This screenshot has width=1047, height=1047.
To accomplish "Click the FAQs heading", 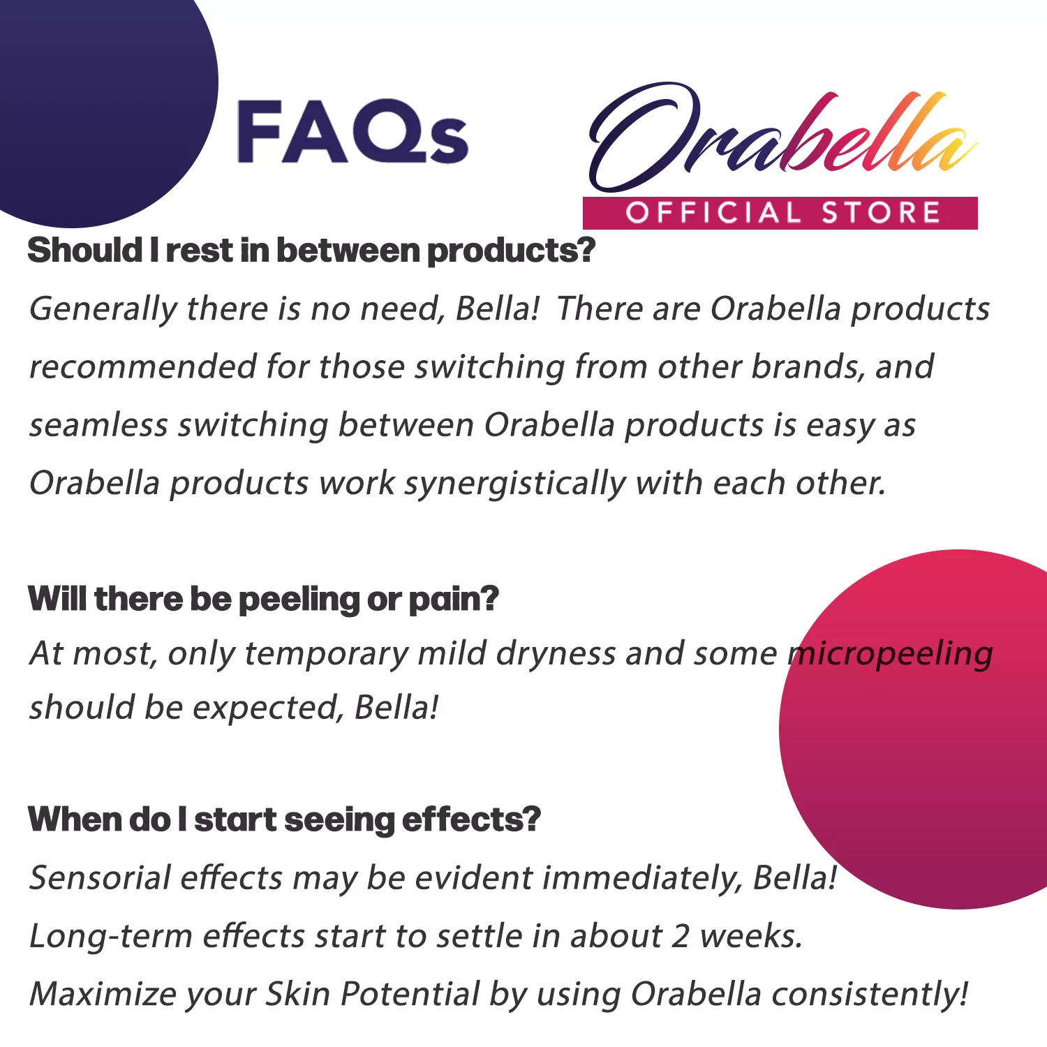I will coord(352,133).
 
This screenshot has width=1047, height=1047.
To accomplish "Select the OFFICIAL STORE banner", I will coord(780,213).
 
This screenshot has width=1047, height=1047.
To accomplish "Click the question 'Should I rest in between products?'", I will coord(311,251).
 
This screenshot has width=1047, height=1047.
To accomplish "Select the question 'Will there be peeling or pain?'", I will coord(263,599).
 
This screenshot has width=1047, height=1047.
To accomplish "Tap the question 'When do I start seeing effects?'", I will coord(284,819).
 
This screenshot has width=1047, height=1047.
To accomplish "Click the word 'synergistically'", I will coord(515,484).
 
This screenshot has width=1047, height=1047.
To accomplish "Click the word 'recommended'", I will coord(142,367).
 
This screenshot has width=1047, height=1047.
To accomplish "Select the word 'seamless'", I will coord(98,425).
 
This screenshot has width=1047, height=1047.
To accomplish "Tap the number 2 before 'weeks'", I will coord(681,936).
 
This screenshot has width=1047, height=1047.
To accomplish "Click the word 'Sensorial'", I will coord(100,878).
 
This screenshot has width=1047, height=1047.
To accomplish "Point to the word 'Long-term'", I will coord(110,936).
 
